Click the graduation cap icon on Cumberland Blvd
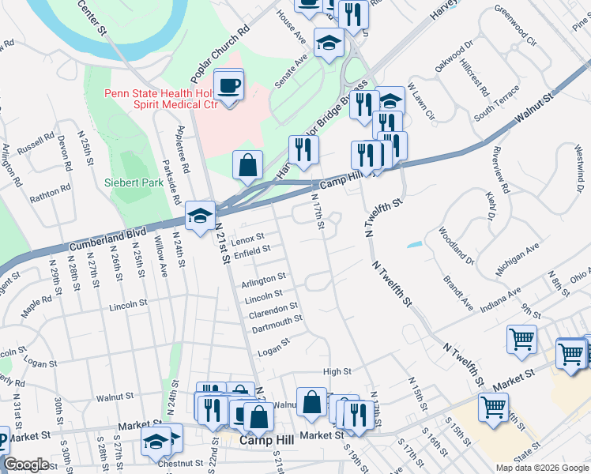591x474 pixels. (x=201, y=216)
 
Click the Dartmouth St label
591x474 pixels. (x=277, y=320)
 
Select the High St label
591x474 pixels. (x=337, y=371)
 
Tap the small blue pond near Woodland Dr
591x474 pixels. (x=414, y=244)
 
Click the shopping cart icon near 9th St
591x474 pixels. (x=521, y=340)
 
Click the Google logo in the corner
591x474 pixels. (x=26, y=465)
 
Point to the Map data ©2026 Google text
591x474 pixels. (x=541, y=468)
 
